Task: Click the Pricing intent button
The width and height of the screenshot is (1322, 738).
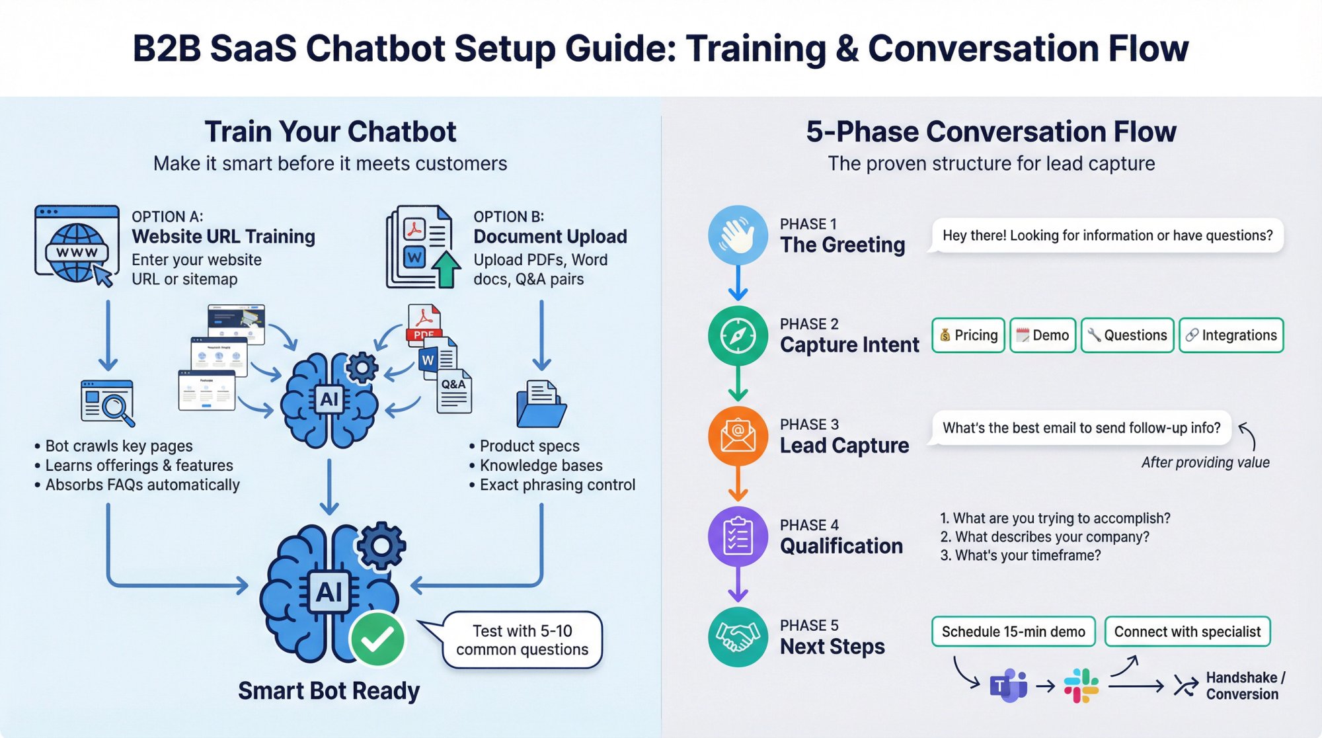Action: coord(968,335)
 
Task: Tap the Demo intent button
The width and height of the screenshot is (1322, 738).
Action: coord(1042,335)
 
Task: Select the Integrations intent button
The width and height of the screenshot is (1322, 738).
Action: coord(1231,335)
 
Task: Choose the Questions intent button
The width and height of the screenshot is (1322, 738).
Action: coord(1127,335)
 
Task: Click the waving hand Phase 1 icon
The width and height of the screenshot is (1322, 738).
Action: coord(738,235)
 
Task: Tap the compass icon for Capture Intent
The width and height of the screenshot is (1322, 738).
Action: coord(738,336)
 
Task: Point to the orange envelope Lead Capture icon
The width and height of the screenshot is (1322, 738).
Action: coord(738,436)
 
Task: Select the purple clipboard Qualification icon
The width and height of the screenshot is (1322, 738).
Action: coord(738,536)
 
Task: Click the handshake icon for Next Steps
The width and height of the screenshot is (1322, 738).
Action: coord(738,637)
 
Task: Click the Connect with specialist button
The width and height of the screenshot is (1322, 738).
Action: coord(1187,632)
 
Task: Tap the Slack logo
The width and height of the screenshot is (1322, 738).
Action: coord(1081,686)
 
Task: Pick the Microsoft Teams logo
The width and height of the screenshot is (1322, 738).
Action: coord(1008,685)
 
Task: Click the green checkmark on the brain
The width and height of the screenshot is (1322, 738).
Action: coord(377,639)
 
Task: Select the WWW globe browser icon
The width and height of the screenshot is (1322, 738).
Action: coord(77,246)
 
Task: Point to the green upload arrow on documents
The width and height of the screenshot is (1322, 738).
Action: coord(447,268)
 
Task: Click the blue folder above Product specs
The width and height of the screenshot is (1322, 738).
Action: coord(541,405)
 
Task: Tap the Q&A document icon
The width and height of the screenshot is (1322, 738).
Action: coord(454,392)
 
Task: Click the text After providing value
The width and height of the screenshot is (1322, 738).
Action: coord(1205,462)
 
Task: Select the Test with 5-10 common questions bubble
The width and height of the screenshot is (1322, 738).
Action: coord(522,640)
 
